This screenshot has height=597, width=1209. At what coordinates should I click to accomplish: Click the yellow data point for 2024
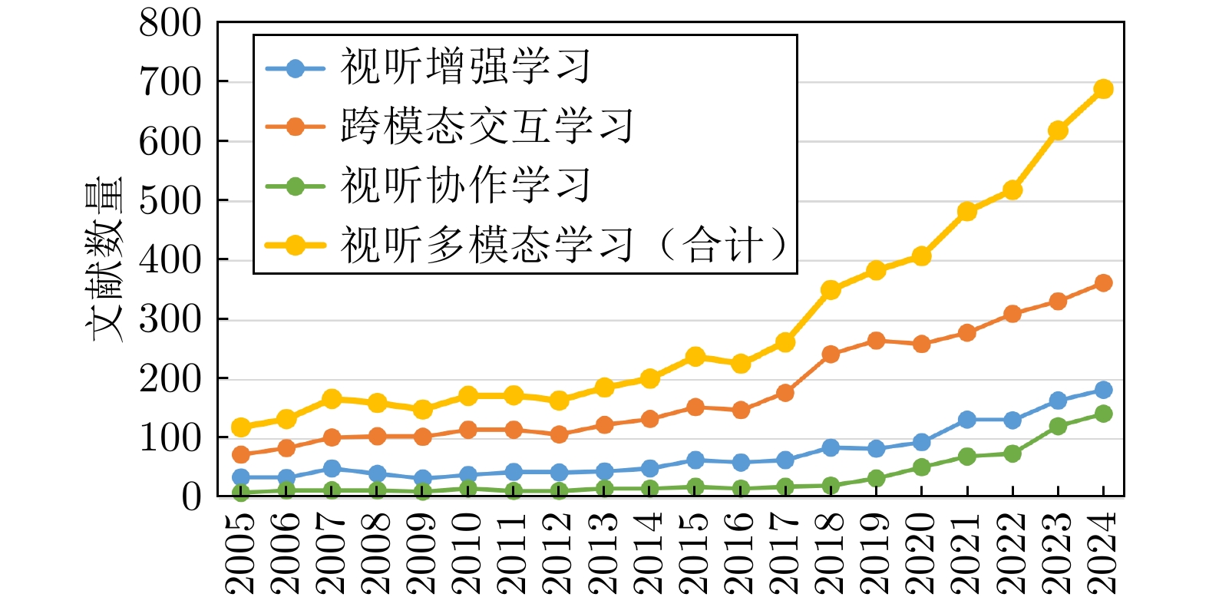pyautogui.click(x=1103, y=89)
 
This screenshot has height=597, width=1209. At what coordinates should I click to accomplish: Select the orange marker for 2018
pyautogui.click(x=831, y=354)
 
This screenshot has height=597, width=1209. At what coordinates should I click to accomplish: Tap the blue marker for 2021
pyautogui.click(x=967, y=420)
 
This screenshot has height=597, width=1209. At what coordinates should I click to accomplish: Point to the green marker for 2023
pyautogui.click(x=1058, y=426)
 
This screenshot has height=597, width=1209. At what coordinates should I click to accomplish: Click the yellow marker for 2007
pyautogui.click(x=332, y=399)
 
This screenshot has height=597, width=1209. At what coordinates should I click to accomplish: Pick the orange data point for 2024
pyautogui.click(x=1103, y=283)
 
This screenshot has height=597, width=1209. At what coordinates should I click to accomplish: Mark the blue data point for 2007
pyautogui.click(x=332, y=469)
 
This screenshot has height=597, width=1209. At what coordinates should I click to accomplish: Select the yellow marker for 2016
pyautogui.click(x=741, y=364)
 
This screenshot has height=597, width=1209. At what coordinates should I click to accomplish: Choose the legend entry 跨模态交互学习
pyautogui.click(x=487, y=127)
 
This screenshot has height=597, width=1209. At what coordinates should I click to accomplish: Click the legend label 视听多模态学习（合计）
pyautogui.click(x=564, y=246)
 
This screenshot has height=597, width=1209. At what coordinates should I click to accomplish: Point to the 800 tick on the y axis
pyautogui.click(x=170, y=23)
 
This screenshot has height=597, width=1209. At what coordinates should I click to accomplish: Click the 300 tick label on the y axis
pyautogui.click(x=170, y=319)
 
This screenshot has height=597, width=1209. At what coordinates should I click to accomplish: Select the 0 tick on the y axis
pyautogui.click(x=191, y=497)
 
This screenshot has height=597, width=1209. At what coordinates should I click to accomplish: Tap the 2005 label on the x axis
pyautogui.click(x=241, y=552)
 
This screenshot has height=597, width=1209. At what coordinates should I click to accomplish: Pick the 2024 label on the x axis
pyautogui.click(x=1103, y=552)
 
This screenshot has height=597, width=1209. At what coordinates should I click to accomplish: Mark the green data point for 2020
pyautogui.click(x=921, y=467)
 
